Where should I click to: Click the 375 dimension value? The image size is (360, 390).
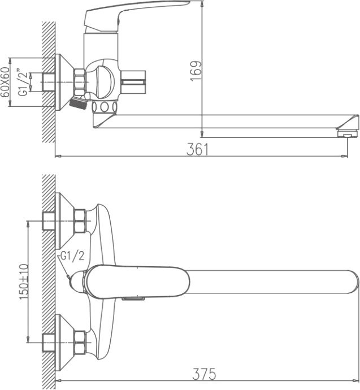tap(205, 373)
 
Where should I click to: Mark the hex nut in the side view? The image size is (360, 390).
tap(80, 80)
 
